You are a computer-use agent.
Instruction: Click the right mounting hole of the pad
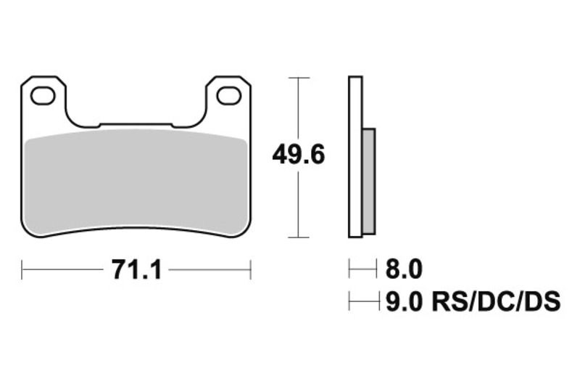point(229,95)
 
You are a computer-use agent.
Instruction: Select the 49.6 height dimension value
point(298,155)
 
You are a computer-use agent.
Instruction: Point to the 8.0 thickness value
point(404,270)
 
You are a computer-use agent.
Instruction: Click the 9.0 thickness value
point(404,300)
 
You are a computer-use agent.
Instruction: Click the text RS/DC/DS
point(497,300)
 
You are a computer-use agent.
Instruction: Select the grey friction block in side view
point(368,182)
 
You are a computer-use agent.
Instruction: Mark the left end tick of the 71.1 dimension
point(22,270)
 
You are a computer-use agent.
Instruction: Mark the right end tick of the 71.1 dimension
point(250,270)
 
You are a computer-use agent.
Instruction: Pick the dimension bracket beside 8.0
point(362,270)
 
